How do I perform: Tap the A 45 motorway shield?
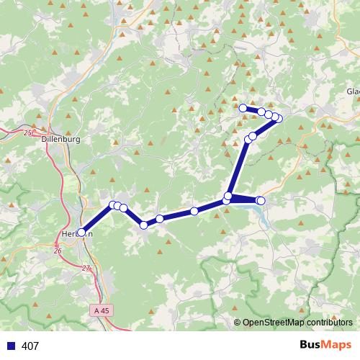(103, 310)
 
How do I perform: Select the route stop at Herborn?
(81, 232)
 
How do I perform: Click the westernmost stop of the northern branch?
(243, 108)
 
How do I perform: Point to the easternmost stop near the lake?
(261, 200)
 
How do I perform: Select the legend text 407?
(30, 346)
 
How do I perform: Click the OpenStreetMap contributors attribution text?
(297, 323)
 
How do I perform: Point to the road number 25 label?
(28, 133)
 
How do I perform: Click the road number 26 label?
(58, 251)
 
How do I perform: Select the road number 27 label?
(86, 269)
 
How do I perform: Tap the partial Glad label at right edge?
(353, 91)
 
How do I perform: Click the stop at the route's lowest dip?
(144, 225)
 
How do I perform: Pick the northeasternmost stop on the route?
(279, 119)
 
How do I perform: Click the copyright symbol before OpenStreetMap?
(238, 323)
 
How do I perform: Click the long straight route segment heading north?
(238, 167)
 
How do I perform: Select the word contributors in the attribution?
(329, 323)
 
